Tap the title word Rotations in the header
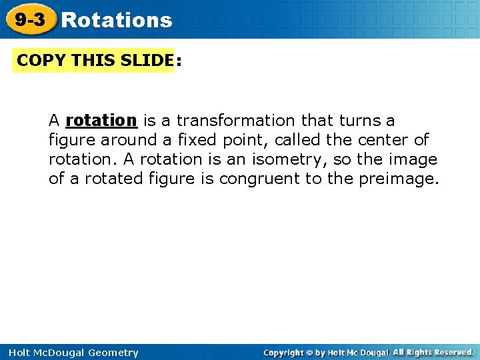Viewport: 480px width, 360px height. (x=117, y=21)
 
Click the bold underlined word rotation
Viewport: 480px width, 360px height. (x=101, y=121)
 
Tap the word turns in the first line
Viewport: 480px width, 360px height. (x=360, y=121)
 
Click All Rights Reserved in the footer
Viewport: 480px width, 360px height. (x=433, y=352)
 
